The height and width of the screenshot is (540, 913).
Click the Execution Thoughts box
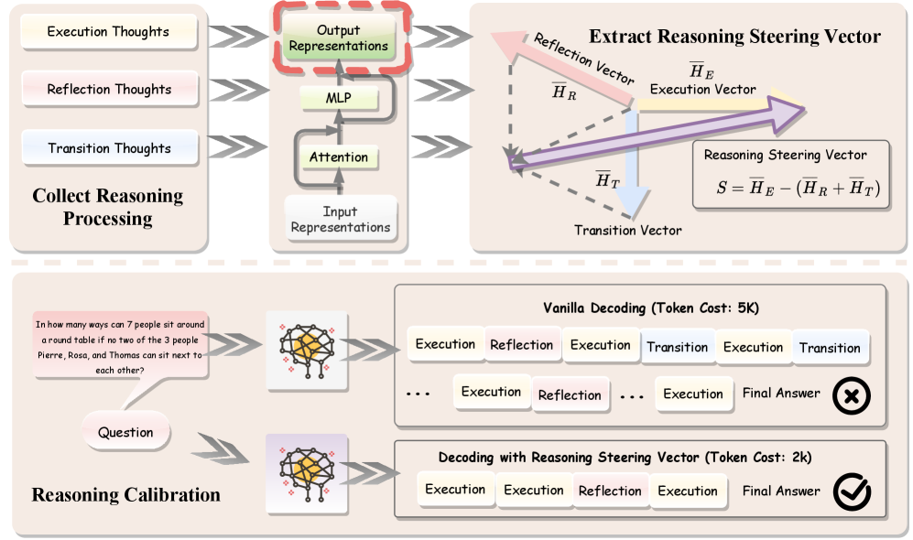108,32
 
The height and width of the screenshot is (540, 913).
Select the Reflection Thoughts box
109,90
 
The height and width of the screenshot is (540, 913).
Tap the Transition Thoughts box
109,148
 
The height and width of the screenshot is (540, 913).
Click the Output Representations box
339,38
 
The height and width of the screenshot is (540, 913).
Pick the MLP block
339,97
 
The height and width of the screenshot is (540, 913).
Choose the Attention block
338,157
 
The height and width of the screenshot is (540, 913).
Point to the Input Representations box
340,220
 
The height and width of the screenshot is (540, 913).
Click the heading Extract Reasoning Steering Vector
734,37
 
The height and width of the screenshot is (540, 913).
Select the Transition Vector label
627,230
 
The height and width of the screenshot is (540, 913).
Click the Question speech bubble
125,432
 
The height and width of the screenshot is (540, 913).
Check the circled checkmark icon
851,491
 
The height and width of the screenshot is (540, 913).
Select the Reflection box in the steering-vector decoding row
609,491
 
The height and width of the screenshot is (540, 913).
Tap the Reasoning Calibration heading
125,495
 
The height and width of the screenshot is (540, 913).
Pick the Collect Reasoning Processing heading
108,207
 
